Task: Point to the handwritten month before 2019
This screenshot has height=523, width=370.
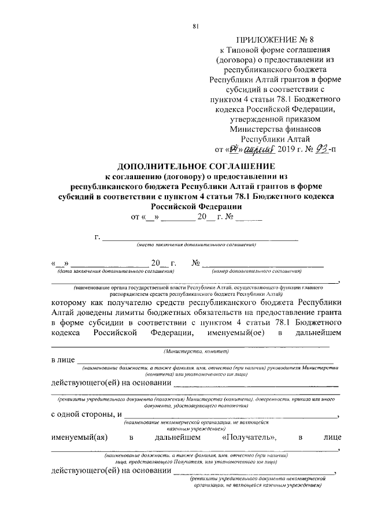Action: (258, 150)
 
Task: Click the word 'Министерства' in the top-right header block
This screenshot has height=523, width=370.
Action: (267, 128)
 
